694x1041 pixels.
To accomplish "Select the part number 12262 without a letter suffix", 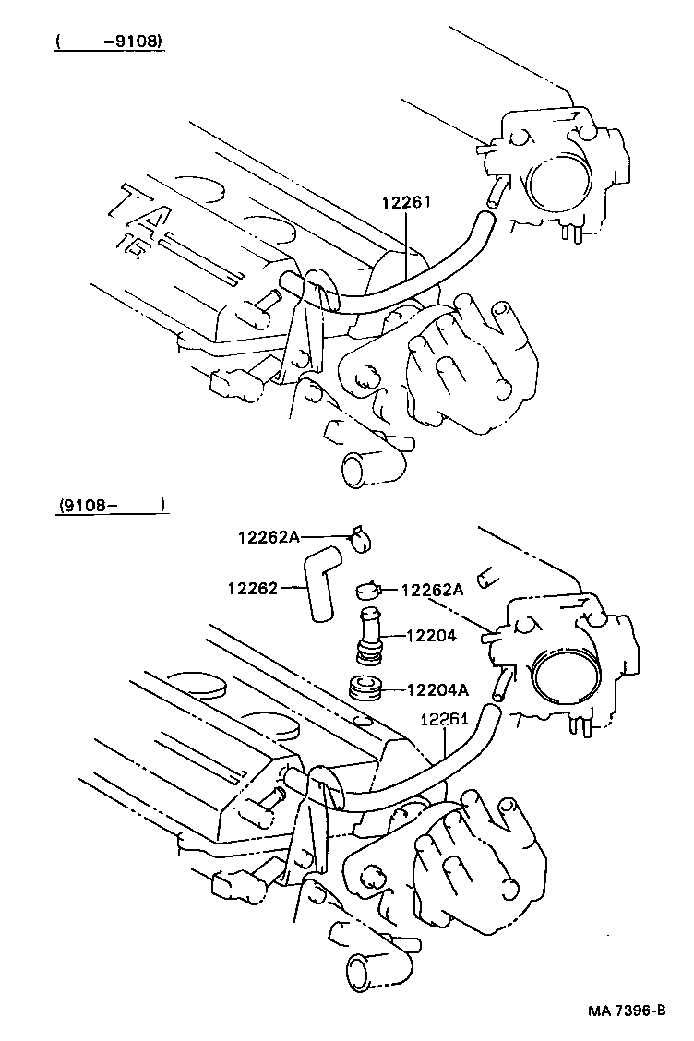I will pyautogui.click(x=251, y=586).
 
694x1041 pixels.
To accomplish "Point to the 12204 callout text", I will pyautogui.click(x=431, y=635).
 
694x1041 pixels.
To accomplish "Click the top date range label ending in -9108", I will pyautogui.click(x=110, y=42).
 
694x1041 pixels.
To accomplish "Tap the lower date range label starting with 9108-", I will pyautogui.click(x=110, y=505).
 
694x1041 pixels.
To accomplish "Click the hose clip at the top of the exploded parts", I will pyautogui.click(x=360, y=536).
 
